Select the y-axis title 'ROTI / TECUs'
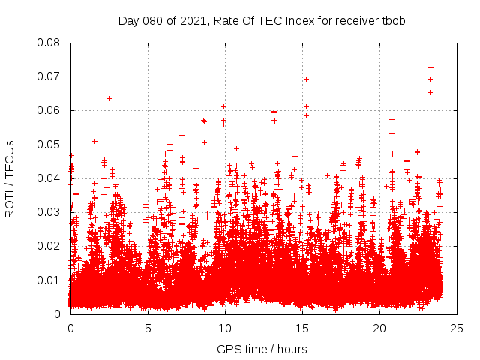pos(10,178)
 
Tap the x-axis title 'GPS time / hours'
pos(262,349)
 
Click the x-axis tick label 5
pos(148,328)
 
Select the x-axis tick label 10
pos(225,328)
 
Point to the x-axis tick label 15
pos(302,328)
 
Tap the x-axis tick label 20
pos(379,328)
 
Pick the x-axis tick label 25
pos(457,328)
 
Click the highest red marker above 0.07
pos(430,67)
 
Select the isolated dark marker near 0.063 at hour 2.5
pos(109,98)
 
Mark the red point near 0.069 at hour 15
pos(306,79)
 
